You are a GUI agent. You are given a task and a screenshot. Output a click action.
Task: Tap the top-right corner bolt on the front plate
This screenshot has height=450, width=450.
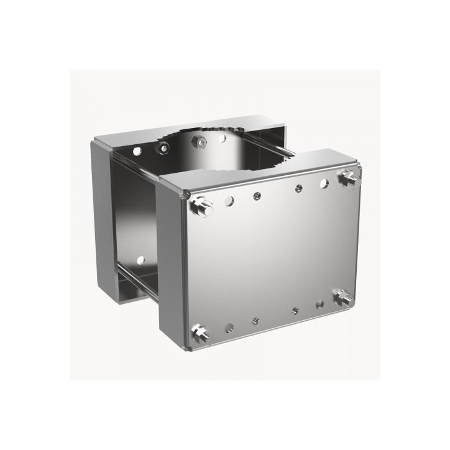[349, 178]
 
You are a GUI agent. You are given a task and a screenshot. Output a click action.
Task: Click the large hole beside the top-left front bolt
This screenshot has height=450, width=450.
[229, 201]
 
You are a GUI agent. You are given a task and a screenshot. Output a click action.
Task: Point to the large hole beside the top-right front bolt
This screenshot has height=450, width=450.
[324, 183]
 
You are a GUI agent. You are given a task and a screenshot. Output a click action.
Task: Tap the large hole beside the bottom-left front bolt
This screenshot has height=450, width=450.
[229, 326]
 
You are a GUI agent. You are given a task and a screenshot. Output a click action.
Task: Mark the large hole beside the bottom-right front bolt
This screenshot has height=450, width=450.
[319, 305]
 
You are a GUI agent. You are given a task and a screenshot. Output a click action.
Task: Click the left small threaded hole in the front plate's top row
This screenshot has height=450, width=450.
[255, 196]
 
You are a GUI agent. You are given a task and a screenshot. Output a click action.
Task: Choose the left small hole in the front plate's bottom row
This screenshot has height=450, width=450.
[255, 321]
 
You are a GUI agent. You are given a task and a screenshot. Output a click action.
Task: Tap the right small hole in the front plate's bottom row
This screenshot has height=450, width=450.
[296, 310]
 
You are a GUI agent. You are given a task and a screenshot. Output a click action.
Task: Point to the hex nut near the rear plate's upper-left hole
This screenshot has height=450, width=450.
[163, 148]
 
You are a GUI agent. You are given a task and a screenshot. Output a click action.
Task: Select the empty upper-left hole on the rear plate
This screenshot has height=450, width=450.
[137, 150]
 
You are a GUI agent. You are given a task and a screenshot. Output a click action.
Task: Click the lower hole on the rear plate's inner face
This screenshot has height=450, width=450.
[140, 259]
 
